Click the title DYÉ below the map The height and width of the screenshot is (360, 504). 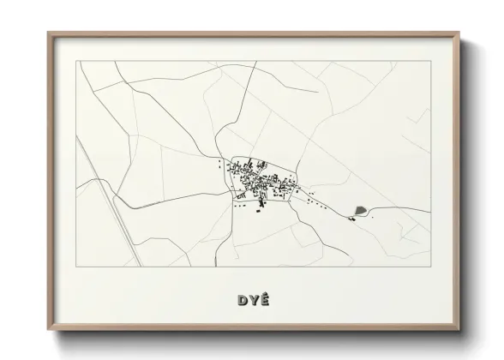click(x=251, y=299)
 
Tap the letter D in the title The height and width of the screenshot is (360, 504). click(x=242, y=300)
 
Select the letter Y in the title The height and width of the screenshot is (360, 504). click(x=252, y=300)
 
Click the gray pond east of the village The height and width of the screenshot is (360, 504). click(x=361, y=209)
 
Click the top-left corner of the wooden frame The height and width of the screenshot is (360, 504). click(x=48, y=33)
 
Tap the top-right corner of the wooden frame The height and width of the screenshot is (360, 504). click(x=459, y=33)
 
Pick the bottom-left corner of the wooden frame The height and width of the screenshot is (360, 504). click(x=48, y=330)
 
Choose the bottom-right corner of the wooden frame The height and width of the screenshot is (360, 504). click(x=459, y=330)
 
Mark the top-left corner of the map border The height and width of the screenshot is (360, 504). click(x=76, y=61)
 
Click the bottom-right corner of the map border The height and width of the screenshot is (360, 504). click(x=431, y=267)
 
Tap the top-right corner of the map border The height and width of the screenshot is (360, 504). click(x=431, y=61)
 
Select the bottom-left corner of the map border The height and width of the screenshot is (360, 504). click(x=76, y=267)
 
